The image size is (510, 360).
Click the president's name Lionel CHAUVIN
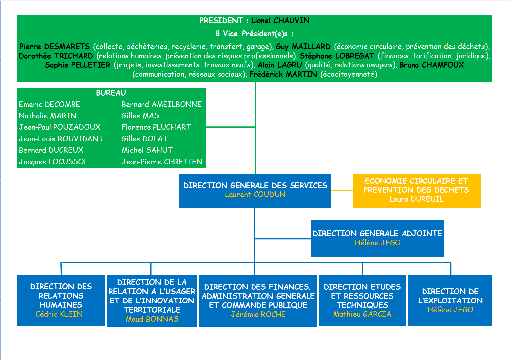(280, 21)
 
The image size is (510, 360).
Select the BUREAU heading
(111, 93)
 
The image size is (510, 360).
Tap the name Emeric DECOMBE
(49, 104)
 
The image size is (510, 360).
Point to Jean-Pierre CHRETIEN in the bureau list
(162, 162)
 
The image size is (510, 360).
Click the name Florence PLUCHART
(156, 127)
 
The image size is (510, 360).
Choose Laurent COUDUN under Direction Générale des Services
(255, 195)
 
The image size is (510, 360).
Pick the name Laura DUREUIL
(416, 199)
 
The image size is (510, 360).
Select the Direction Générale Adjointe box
(377, 238)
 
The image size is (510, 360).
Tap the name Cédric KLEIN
(59, 314)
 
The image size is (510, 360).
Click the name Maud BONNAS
(152, 319)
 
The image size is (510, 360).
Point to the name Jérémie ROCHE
(258, 314)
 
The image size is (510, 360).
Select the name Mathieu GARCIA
(362, 314)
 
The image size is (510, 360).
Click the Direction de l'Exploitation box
(450, 300)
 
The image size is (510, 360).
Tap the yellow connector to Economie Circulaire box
(342, 190)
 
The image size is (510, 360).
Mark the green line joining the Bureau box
(230, 127)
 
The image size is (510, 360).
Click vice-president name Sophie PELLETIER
(78, 65)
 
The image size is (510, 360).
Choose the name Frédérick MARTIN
(283, 74)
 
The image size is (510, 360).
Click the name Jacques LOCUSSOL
(53, 162)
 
